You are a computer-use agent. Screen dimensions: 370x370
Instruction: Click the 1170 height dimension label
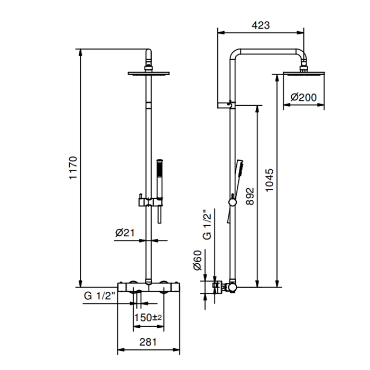coord(73,168)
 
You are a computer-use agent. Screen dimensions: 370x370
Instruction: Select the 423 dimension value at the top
coord(261,25)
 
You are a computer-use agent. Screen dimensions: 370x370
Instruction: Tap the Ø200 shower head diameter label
coord(303,97)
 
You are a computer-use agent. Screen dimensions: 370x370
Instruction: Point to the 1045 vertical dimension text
coord(270,180)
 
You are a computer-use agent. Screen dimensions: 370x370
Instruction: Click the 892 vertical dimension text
coord(250,196)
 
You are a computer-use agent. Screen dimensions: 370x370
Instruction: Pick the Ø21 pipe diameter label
coord(125,233)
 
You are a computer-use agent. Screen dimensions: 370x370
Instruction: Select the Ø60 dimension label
coord(198,260)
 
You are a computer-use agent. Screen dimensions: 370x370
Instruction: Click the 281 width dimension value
coord(148,342)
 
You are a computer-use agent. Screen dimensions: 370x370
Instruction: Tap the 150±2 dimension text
coord(148,317)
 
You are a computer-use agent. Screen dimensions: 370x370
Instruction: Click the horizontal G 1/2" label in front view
coord(99,295)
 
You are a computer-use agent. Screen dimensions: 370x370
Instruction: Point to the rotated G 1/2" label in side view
coord(207,225)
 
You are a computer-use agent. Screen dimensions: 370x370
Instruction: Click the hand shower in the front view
coord(160,191)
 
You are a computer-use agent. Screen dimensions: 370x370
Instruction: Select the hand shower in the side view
coord(236,191)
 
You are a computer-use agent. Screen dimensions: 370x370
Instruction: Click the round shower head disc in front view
coord(149,73)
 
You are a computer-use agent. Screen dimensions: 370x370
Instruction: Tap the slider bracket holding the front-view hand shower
coord(150,202)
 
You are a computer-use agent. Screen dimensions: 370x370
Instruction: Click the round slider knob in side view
coord(233,202)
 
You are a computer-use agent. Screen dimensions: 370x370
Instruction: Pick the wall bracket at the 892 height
coord(226,105)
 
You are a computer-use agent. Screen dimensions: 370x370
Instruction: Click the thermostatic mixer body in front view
coord(149,287)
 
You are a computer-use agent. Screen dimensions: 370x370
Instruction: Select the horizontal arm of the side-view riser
coord(268,52)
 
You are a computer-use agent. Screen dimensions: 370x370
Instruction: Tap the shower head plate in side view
coord(304,74)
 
